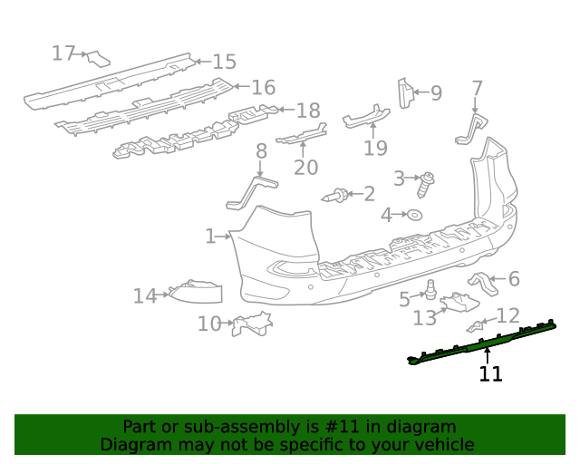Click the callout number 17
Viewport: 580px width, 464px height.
[x=63, y=53]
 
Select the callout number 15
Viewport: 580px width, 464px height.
[x=224, y=62]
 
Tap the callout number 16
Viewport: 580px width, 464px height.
[x=263, y=88]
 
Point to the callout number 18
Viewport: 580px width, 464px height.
[x=308, y=111]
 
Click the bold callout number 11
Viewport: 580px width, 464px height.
[x=490, y=373]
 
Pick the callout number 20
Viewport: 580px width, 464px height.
[x=306, y=167]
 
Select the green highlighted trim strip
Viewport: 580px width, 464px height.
[x=480, y=342]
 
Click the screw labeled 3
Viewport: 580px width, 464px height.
[x=426, y=184]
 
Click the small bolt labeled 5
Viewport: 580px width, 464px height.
[x=432, y=291]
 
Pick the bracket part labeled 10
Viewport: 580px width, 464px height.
[x=252, y=323]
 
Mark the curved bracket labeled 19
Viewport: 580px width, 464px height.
[x=365, y=116]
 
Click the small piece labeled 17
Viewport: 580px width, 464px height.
[x=98, y=59]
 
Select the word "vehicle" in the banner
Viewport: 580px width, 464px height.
[x=443, y=444]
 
